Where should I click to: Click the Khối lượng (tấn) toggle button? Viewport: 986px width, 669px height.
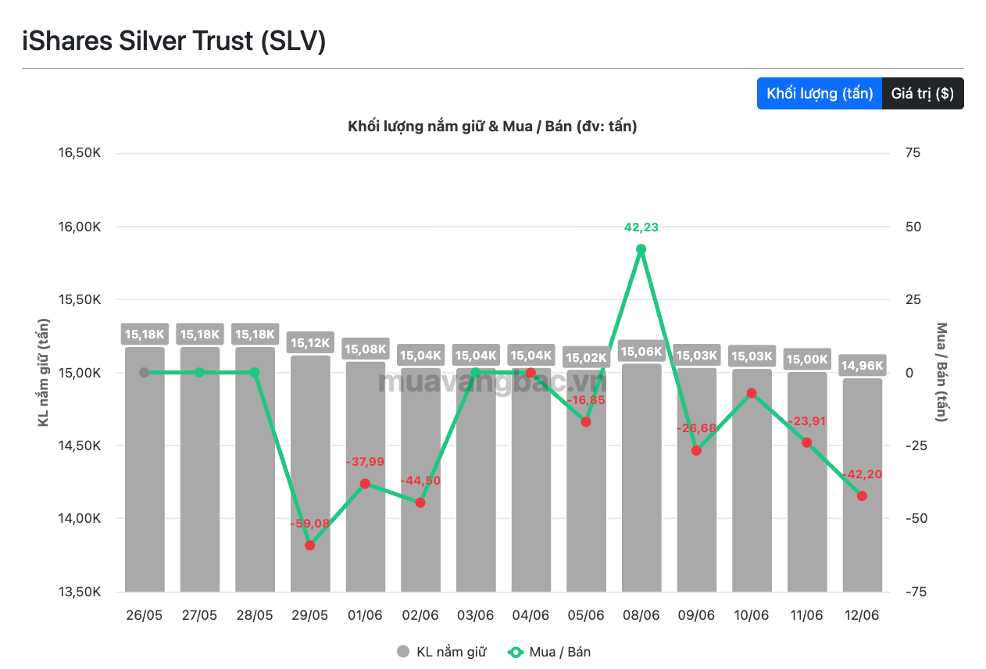(819, 93)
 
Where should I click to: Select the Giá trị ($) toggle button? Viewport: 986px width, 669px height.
(923, 93)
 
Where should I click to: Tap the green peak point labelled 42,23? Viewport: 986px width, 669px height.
(641, 249)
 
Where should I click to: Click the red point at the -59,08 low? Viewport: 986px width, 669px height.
(310, 546)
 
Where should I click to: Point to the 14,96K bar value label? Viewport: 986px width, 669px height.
(862, 365)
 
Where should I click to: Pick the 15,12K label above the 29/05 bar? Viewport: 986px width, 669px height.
(310, 342)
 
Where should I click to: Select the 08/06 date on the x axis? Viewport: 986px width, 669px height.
(641, 615)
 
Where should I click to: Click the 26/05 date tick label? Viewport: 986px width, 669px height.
(144, 615)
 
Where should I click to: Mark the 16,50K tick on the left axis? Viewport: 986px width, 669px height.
(80, 153)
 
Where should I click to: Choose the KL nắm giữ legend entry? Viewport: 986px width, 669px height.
(441, 652)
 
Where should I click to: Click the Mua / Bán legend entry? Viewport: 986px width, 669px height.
(549, 652)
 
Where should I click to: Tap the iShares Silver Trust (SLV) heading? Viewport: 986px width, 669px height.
(174, 41)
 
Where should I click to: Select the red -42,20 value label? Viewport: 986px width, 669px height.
(862, 474)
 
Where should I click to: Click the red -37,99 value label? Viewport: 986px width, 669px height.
(365, 462)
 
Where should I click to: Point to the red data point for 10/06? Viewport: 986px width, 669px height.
(752, 393)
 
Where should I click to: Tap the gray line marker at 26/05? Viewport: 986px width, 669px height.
(144, 373)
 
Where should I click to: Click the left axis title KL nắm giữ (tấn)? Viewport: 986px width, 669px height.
(43, 372)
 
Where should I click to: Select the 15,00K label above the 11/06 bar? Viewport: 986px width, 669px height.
(807, 359)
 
